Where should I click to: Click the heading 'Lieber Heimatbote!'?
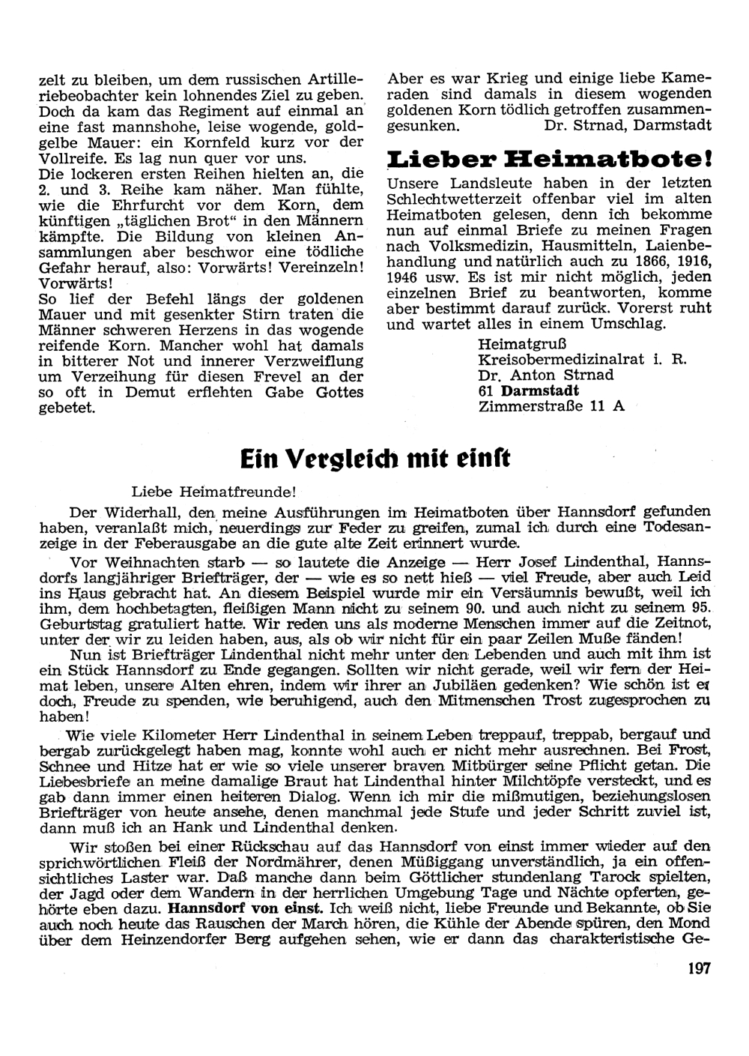tap(548, 160)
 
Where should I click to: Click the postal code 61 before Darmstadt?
tap(486, 390)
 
